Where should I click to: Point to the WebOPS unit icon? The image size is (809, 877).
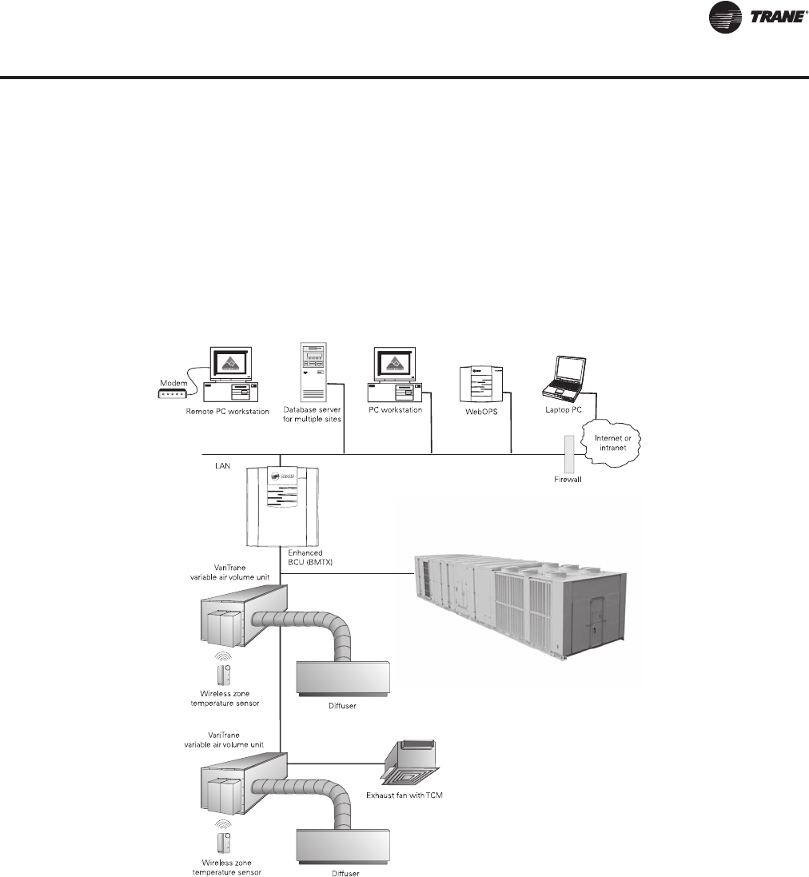[482, 387]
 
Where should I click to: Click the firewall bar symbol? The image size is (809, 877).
[568, 453]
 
